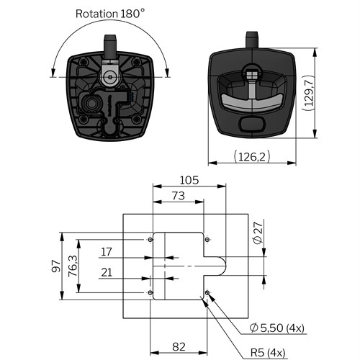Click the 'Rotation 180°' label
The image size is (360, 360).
(110, 14)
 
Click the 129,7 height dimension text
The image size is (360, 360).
(309, 93)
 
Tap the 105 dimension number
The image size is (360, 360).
(189, 180)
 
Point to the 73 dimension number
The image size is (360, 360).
(179, 196)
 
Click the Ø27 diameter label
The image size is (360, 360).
(258, 233)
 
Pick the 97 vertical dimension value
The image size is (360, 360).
(56, 266)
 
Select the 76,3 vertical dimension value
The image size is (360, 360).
(73, 266)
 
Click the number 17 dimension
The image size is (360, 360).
(107, 252)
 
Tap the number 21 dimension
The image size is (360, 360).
(107, 272)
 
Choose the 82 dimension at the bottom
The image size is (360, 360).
(179, 347)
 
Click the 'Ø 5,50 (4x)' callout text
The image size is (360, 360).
(276, 328)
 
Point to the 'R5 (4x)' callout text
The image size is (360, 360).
(268, 353)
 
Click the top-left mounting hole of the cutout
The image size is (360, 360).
(150, 240)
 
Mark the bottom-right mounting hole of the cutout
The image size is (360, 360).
(207, 292)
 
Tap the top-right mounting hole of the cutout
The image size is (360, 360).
(207, 240)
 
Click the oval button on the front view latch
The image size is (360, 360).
(252, 124)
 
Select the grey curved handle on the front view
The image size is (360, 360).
(252, 103)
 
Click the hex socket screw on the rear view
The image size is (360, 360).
(110, 77)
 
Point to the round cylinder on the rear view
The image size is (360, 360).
(91, 104)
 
